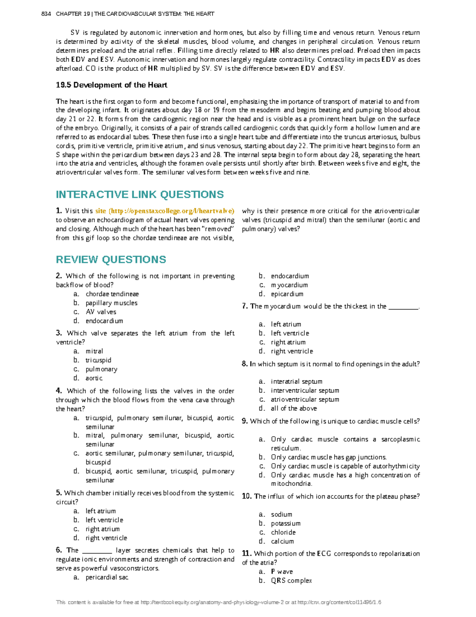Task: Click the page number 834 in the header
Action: tap(46, 14)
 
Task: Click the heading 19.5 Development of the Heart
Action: tap(111, 85)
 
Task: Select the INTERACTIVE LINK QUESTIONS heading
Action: tap(140, 194)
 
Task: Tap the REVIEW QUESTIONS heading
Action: tap(111, 259)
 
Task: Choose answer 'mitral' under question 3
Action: tap(94, 351)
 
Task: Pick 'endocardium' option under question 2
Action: tap(104, 321)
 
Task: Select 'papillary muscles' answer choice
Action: tap(111, 303)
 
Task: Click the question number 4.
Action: tap(59, 391)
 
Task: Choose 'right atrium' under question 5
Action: tap(102, 529)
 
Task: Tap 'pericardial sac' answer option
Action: tap(107, 577)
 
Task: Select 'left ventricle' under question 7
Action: tap(290, 333)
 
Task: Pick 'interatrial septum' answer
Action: tap(296, 381)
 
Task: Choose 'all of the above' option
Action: tap(294, 408)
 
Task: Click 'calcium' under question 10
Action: tap(282, 541)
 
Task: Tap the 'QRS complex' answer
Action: tap(291, 580)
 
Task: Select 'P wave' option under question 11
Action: tap(282, 571)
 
